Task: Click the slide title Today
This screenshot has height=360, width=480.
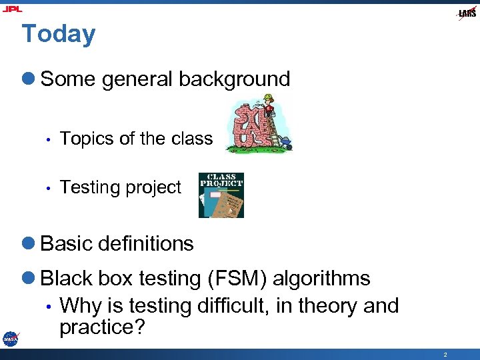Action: (59, 34)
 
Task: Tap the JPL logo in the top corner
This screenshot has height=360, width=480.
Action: (12, 9)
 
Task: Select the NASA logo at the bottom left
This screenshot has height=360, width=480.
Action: (10, 339)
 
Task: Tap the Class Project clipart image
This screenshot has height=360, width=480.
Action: (221, 195)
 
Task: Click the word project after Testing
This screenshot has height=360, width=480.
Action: (153, 188)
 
